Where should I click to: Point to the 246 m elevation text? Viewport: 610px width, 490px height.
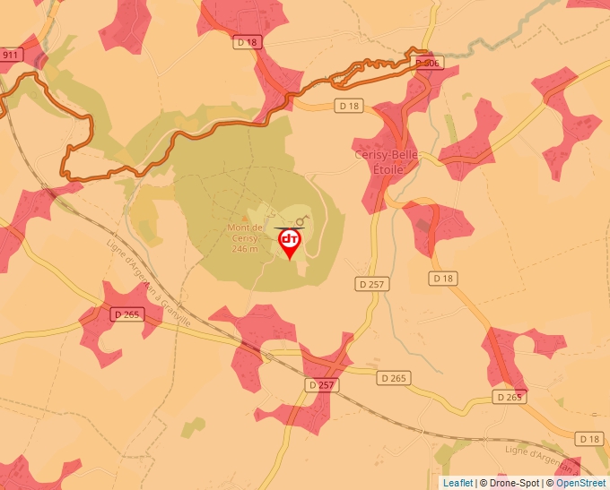point(244,249)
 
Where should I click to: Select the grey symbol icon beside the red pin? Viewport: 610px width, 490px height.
point(302,219)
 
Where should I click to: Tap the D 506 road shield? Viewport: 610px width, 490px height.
point(428,63)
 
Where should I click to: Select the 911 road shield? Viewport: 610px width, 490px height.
point(11,55)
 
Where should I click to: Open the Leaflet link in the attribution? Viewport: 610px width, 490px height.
point(457,483)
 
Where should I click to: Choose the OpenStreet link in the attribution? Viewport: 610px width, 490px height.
point(580,483)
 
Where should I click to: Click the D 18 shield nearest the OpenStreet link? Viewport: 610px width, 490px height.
point(589,438)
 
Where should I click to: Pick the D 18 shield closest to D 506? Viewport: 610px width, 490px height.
point(350,106)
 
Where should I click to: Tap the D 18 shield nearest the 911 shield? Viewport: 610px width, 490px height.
point(247,41)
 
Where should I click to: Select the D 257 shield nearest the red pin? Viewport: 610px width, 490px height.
point(370,284)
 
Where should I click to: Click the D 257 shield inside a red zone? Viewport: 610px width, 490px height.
point(320,384)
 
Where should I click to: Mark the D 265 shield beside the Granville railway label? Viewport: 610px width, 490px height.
point(128,314)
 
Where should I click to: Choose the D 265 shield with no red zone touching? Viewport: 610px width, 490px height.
point(392,379)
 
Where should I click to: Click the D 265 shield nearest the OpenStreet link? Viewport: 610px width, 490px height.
point(509,397)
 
